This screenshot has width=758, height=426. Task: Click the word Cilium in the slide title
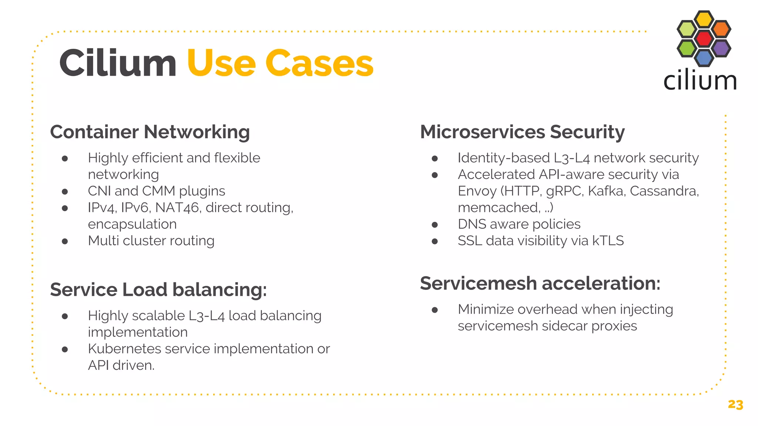click(x=118, y=64)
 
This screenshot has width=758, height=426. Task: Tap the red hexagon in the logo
click(x=704, y=38)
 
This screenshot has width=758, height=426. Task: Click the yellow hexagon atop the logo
click(x=704, y=19)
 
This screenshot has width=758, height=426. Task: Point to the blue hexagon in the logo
click(x=704, y=57)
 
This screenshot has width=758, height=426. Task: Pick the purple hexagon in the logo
click(x=721, y=48)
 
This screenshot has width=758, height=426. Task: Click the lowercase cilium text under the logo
click(x=700, y=81)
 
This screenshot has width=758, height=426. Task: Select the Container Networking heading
click(x=150, y=132)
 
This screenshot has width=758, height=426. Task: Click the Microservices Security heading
click(x=522, y=132)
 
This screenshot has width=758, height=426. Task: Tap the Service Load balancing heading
click(x=158, y=290)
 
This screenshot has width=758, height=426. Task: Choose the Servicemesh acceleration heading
click(x=540, y=284)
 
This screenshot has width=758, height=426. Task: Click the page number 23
click(x=735, y=405)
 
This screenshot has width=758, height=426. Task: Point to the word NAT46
click(x=177, y=208)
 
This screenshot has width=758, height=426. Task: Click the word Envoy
click(x=477, y=191)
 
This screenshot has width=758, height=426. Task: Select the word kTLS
click(x=608, y=241)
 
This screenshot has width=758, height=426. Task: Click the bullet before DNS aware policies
click(x=435, y=224)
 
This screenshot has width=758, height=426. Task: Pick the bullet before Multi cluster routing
click(x=65, y=241)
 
